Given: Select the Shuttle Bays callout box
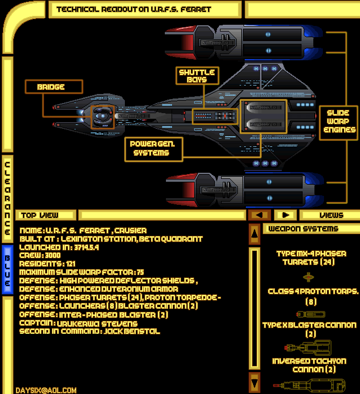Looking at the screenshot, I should pos(197,76).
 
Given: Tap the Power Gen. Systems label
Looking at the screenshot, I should pos(153,148).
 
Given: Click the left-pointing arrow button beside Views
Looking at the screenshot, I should pos(259,215).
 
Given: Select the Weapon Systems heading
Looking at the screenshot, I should pos(303,229).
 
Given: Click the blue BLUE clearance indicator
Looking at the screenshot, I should pos(7,270).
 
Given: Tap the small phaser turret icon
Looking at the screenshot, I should pos(308,276).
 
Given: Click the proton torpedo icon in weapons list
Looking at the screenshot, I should pos(308,314).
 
